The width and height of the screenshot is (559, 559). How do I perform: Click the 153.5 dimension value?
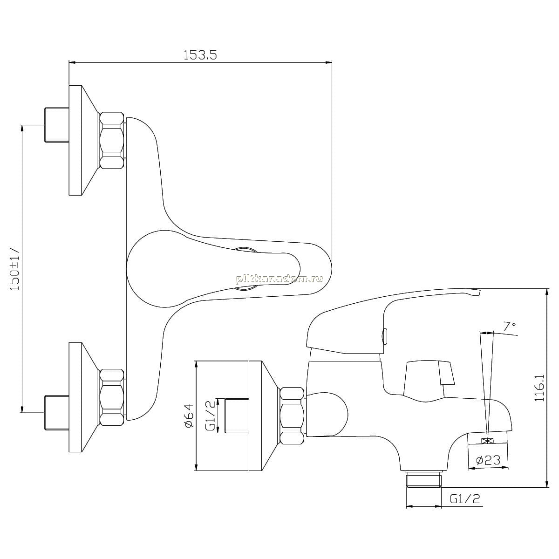pyautogui.click(x=200, y=55)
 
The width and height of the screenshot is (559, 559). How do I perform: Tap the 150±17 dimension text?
pyautogui.click(x=15, y=269)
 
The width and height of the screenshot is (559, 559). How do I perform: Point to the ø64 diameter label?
pyautogui.click(x=189, y=416)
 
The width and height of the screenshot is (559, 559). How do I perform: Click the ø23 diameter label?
pyautogui.click(x=489, y=460)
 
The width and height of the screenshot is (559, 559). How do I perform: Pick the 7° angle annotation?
pyautogui.click(x=509, y=327)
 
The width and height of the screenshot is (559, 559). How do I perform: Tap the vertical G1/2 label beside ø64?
pyautogui.click(x=211, y=415)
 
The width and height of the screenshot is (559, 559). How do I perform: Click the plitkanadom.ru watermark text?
pyautogui.click(x=279, y=279)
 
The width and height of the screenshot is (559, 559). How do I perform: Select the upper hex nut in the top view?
pyautogui.click(x=112, y=141)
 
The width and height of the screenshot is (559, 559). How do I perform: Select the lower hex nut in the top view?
pyautogui.click(x=112, y=397)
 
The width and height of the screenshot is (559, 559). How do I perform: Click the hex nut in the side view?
pyautogui.click(x=293, y=419)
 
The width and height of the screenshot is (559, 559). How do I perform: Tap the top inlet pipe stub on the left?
pyautogui.click(x=57, y=125)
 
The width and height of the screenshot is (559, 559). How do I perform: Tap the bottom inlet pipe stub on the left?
pyautogui.click(x=57, y=413)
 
